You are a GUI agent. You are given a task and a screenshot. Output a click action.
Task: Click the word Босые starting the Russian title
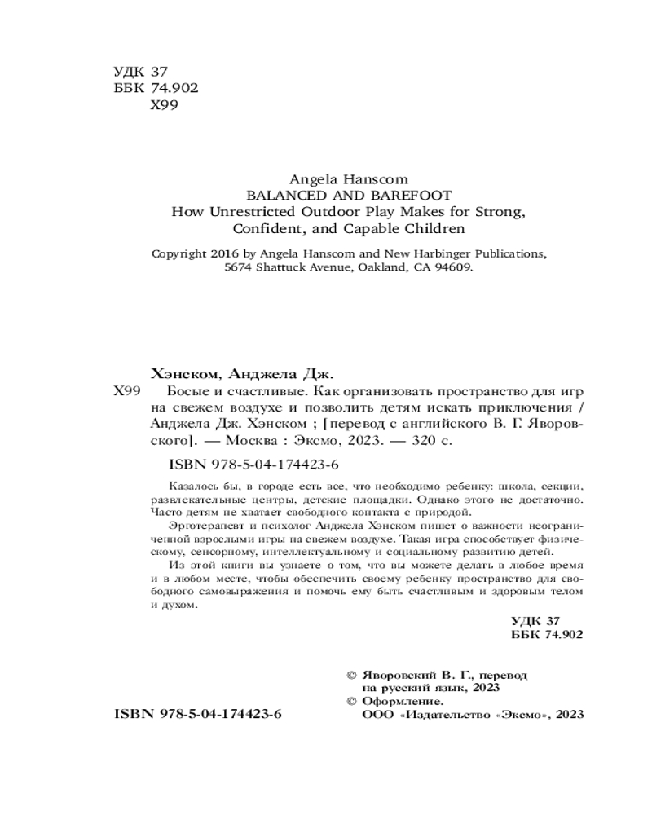[173, 392]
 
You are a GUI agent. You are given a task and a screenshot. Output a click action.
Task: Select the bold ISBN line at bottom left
[197, 713]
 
